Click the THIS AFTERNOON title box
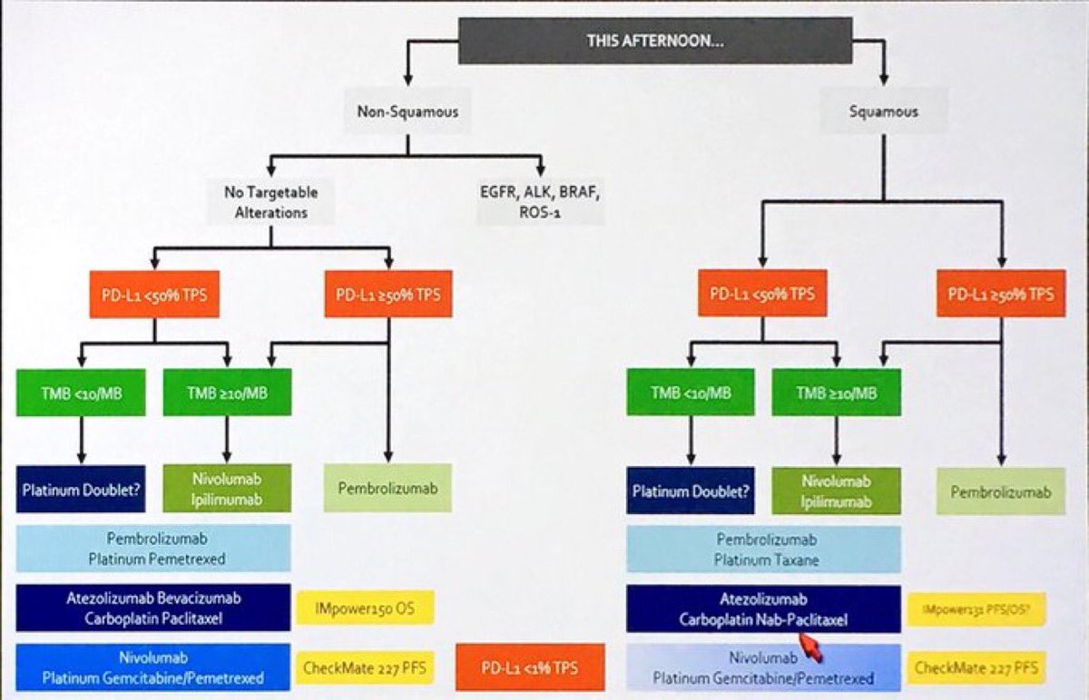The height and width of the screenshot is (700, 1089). coord(655,41)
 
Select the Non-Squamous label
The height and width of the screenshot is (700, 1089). coord(407,112)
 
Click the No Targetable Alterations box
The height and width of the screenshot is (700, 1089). coord(270,200)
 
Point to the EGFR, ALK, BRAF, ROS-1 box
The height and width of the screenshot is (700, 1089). coord(541,200)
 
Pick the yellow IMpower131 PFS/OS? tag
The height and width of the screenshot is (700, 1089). coord(976,609)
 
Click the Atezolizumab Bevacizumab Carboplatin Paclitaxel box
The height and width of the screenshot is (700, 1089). coord(153,608)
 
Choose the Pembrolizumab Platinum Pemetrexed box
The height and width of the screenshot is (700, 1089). coord(153,548)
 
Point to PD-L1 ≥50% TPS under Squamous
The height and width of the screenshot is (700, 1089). coord(1001,294)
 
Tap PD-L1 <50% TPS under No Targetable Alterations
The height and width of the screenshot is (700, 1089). coord(154,294)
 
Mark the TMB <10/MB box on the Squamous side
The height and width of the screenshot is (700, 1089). coord(690,393)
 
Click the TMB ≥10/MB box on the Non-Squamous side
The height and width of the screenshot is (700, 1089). coord(227,393)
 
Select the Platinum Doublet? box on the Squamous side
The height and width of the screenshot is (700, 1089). coord(690,491)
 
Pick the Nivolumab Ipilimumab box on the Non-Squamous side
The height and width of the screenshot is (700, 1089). coord(227,489)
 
